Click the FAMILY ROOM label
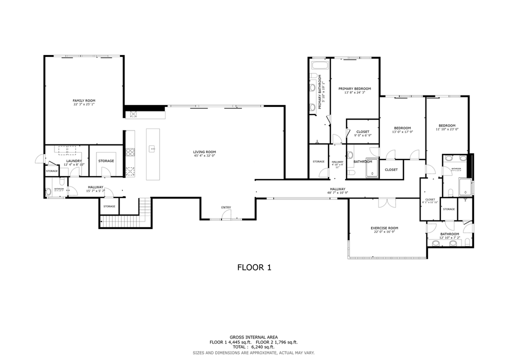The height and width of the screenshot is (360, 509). [83, 100]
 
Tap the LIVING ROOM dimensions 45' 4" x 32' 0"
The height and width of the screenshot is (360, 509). [204, 156]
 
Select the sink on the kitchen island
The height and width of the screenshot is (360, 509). [153, 148]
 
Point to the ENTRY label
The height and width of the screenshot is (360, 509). [226, 207]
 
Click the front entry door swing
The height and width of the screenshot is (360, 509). [226, 215]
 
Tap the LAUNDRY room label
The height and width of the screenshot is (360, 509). [73, 160]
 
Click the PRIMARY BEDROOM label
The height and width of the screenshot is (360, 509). [354, 88]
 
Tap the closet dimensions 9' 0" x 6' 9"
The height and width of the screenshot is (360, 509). [362, 135]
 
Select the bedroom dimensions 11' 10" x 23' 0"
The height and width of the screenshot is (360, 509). [447, 129]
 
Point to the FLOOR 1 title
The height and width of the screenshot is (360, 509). [254, 267]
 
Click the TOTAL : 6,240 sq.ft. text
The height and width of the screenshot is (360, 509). [254, 347]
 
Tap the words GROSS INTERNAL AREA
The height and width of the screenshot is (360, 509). [254, 337]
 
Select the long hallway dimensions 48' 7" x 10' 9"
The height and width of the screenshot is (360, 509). [337, 192]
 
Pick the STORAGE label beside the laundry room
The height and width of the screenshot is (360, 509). [106, 161]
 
